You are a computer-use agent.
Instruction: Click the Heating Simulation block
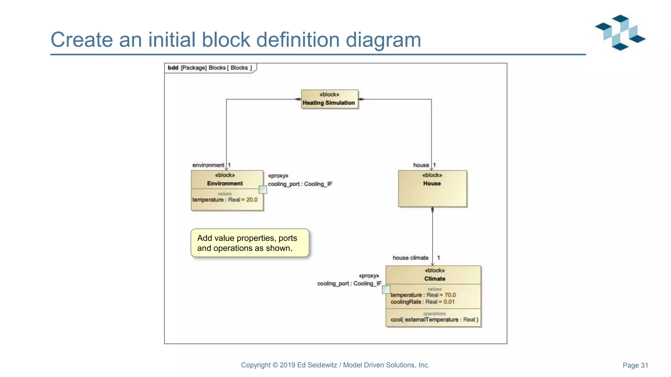[329, 99]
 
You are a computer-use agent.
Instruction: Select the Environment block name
[225, 184]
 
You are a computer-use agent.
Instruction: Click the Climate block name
[434, 279]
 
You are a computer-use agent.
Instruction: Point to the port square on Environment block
[263, 189]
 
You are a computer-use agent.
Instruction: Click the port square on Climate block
[386, 289]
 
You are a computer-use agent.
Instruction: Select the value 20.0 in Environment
[252, 200]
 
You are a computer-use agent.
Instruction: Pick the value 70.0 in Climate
[450, 295]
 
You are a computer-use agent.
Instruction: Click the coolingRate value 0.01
[449, 302]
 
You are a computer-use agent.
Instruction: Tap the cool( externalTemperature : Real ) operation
[434, 320]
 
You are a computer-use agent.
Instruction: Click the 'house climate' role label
[410, 258]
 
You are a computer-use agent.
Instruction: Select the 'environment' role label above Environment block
[208, 165]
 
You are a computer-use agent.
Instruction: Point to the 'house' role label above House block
[421, 165]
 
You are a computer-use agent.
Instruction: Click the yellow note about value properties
[250, 243]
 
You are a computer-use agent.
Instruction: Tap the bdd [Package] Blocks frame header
[210, 68]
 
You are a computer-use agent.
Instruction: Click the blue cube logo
[620, 32]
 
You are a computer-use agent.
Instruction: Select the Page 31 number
[635, 365]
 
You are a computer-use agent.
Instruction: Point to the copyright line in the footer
[335, 365]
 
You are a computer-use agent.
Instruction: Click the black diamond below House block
[432, 210]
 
